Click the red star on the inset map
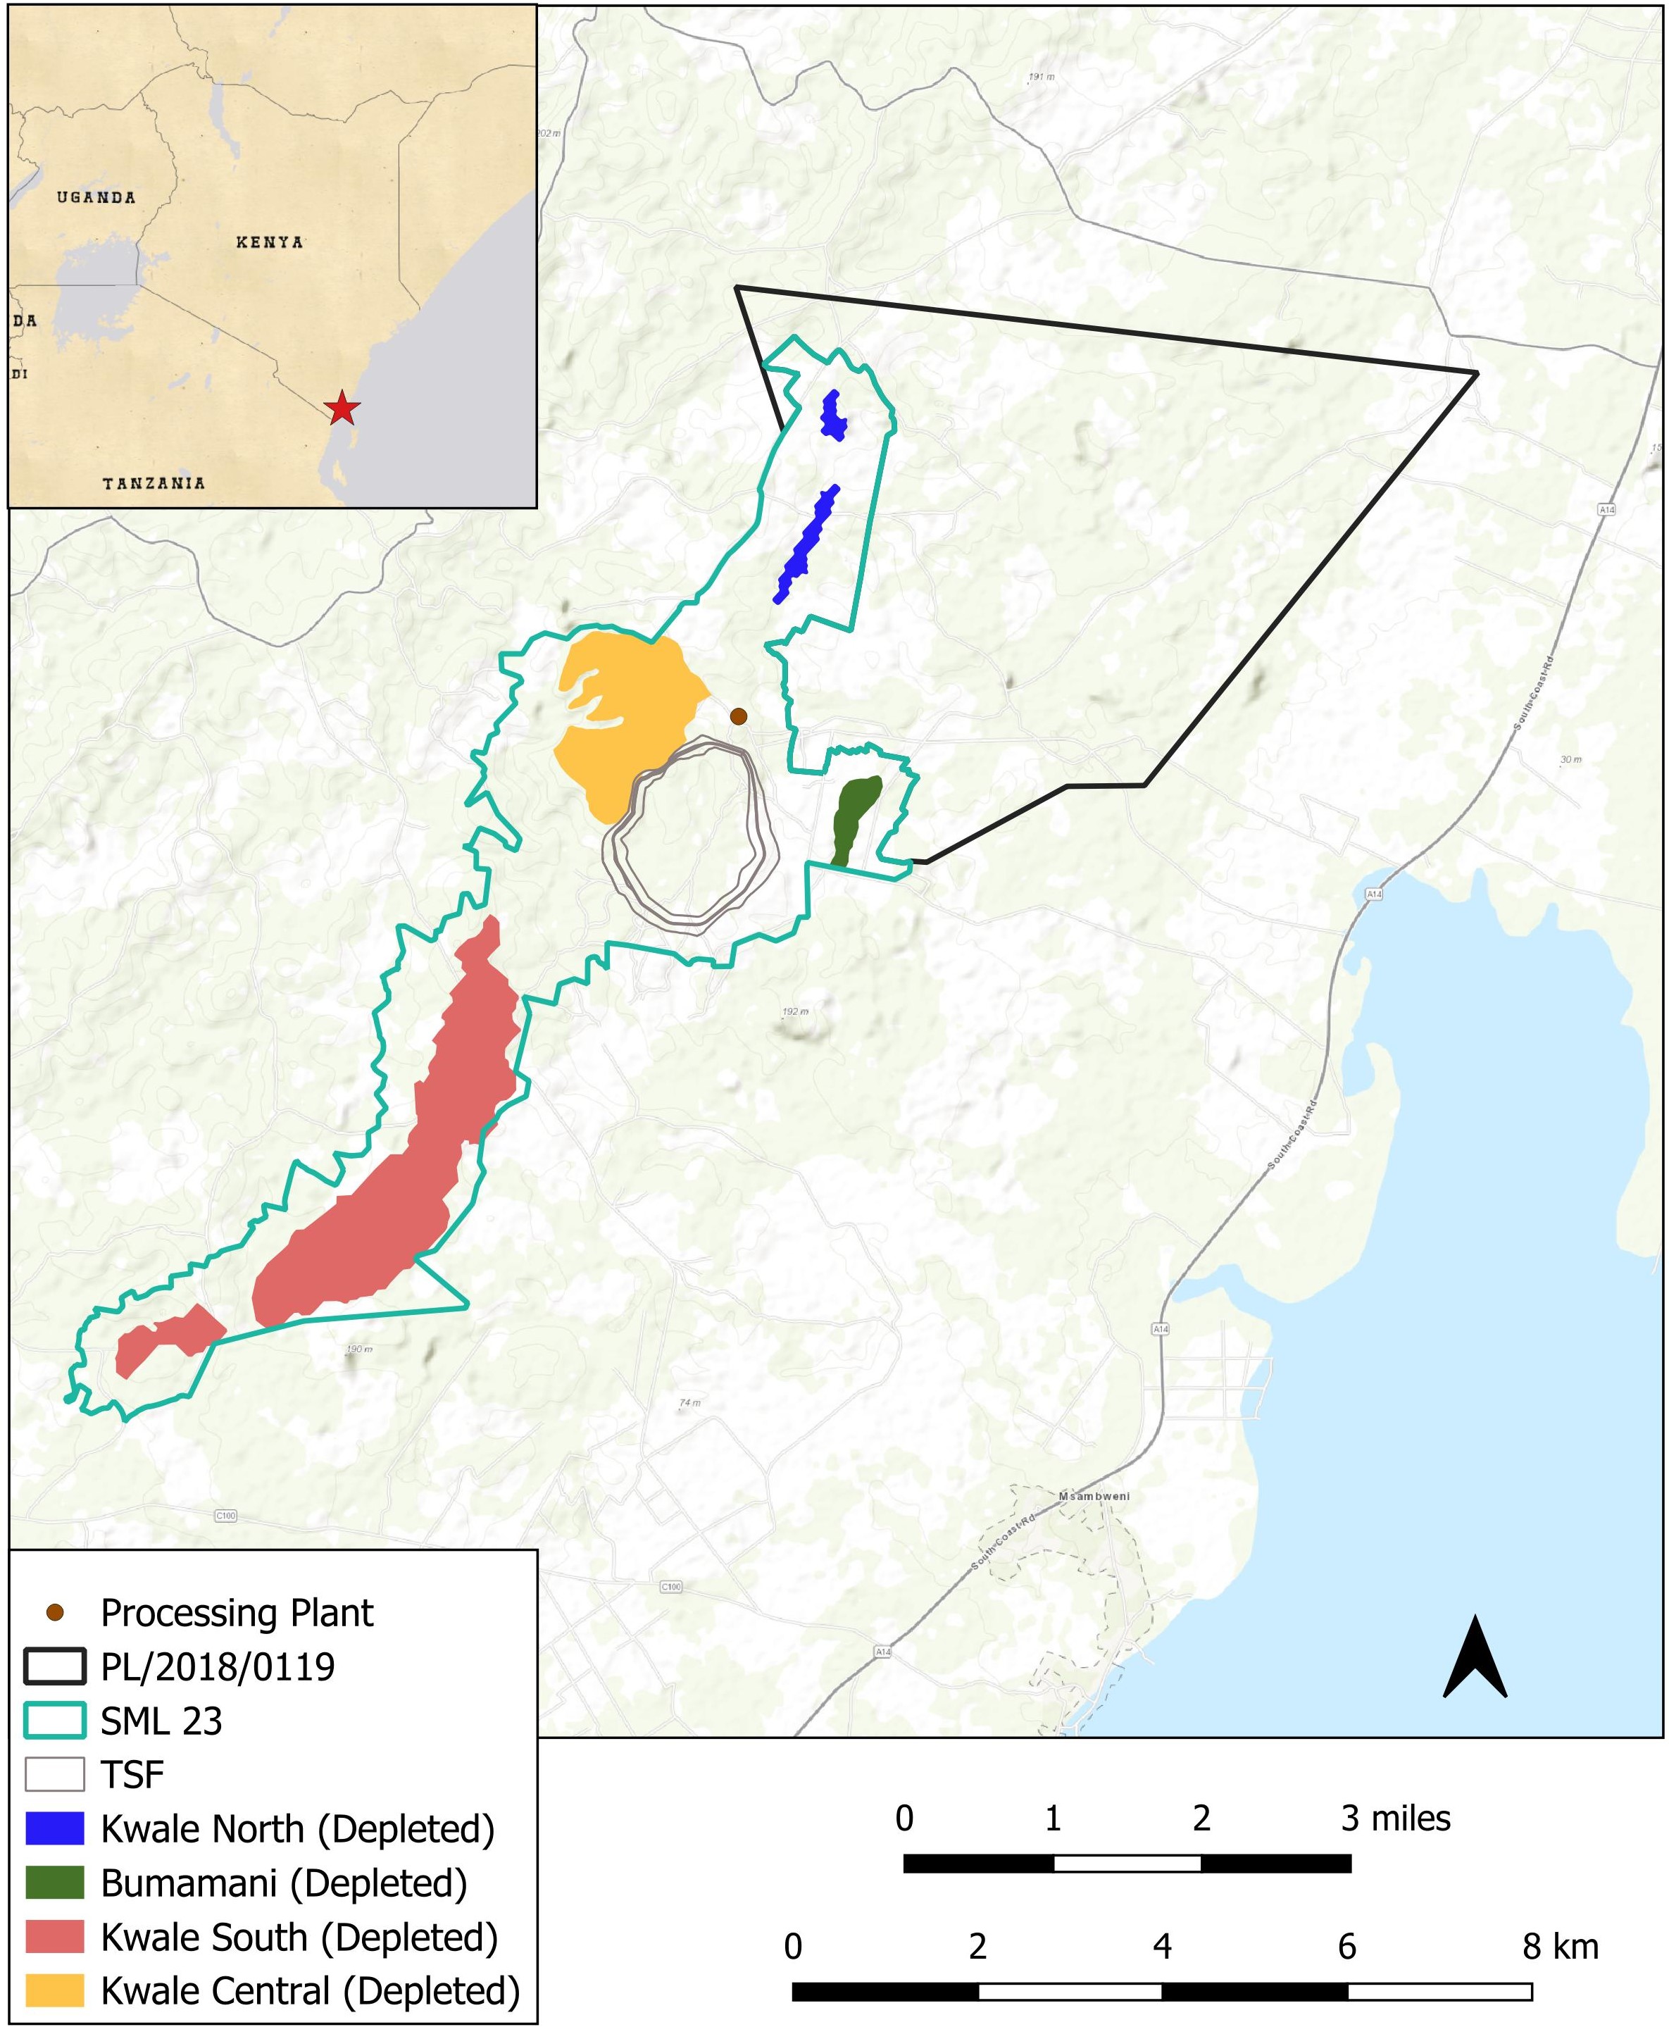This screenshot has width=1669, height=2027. pos(342,408)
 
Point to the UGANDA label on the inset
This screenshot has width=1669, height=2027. pos(96,197)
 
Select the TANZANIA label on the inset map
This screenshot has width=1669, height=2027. pos(154,482)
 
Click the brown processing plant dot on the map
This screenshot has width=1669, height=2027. pos(738,716)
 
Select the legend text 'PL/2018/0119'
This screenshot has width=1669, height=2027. pos(218,1666)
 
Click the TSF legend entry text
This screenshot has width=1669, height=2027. pos(132,1774)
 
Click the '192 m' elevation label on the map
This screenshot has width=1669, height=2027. pos(795,1011)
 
